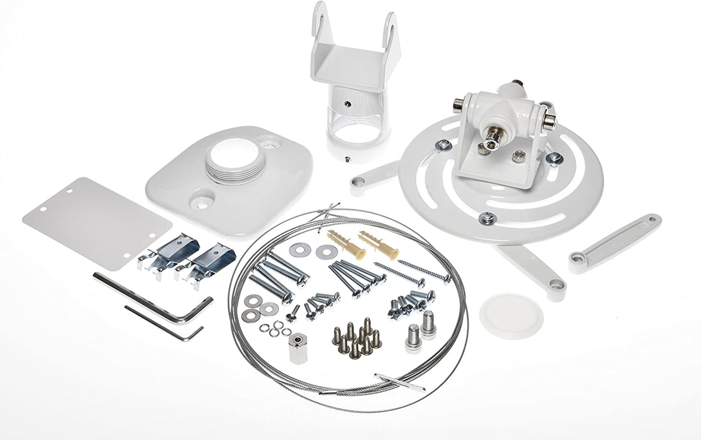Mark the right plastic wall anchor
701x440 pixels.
click(x=378, y=245)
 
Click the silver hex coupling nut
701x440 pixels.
click(x=297, y=348)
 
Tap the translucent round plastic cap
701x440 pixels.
click(x=511, y=315)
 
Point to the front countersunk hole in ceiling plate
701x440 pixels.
click(x=201, y=202)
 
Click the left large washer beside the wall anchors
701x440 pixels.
click(x=300, y=249)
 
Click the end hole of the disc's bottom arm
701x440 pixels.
click(x=556, y=284)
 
